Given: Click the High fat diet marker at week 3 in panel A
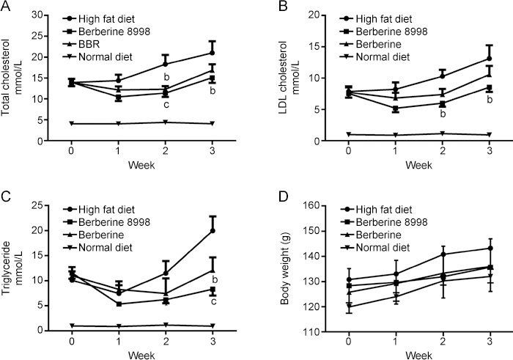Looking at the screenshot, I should pos(212,53).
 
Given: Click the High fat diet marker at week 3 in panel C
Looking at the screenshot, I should pos(212,231).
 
